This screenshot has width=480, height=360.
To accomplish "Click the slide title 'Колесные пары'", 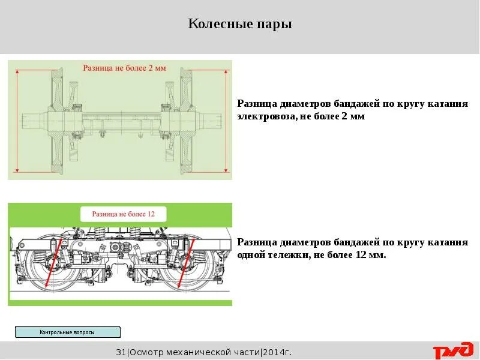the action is (x=239, y=25).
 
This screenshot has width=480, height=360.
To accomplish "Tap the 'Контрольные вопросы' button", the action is (x=67, y=332).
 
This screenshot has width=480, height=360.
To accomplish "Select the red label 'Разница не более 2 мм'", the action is (x=124, y=68).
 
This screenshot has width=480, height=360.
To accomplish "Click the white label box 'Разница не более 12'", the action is (x=123, y=214).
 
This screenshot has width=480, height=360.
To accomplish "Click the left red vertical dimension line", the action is (x=17, y=120).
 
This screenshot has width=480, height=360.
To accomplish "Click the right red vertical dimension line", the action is (x=227, y=120).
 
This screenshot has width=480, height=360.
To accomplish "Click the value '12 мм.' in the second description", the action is (x=372, y=255).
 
